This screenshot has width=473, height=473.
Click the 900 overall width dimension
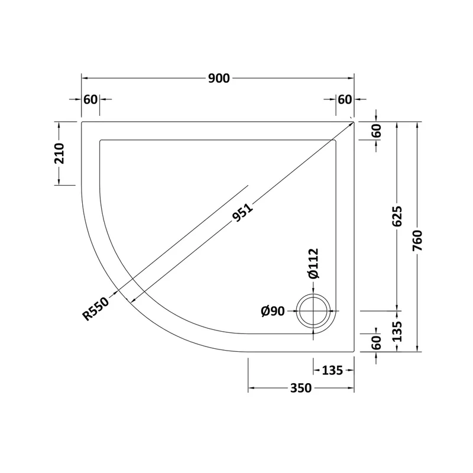[219, 79]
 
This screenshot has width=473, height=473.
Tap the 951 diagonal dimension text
[242, 213]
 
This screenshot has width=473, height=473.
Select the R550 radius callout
[96, 309]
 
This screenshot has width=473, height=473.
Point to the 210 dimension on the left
[60, 154]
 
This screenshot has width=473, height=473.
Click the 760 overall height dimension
[418, 241]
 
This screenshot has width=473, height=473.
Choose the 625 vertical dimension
[397, 216]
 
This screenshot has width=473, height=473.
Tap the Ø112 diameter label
[313, 263]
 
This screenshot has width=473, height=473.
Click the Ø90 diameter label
[273, 311]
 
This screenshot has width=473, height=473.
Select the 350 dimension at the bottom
[301, 388]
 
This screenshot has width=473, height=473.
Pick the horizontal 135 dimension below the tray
[332, 370]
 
